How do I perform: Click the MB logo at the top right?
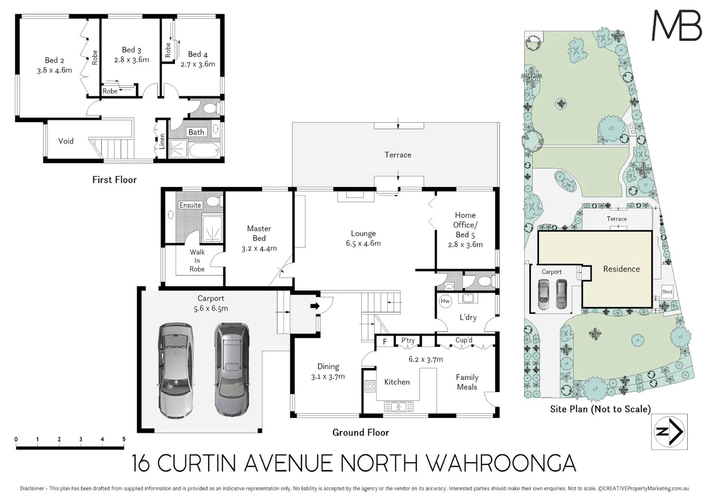pyautogui.click(x=676, y=26)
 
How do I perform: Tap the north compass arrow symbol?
pyautogui.click(x=669, y=432)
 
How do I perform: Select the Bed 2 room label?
pyautogui.click(x=54, y=60)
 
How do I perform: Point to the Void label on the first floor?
pyautogui.click(x=66, y=141)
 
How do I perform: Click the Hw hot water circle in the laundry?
pyautogui.click(x=445, y=301)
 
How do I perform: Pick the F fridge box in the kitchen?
pyautogui.click(x=385, y=342)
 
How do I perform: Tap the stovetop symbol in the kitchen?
pyautogui.click(x=370, y=386)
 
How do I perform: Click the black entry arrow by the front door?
pyautogui.click(x=315, y=306)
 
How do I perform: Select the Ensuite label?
pyautogui.click(x=190, y=205)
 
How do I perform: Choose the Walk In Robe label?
pyautogui.click(x=197, y=261)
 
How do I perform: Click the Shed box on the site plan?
pyautogui.click(x=667, y=292)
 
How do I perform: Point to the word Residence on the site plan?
pyautogui.click(x=621, y=269)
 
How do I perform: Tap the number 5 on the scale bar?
pyautogui.click(x=124, y=439)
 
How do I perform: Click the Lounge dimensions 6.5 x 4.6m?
pyautogui.click(x=363, y=244)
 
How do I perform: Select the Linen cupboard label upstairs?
pyautogui.click(x=162, y=141)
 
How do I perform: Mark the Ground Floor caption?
pyautogui.click(x=361, y=432)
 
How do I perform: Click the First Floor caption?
pyautogui.click(x=114, y=180)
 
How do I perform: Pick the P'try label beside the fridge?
pyautogui.click(x=408, y=340)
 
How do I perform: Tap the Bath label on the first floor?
pyautogui.click(x=196, y=132)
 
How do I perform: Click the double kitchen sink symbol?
pyautogui.click(x=398, y=406)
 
